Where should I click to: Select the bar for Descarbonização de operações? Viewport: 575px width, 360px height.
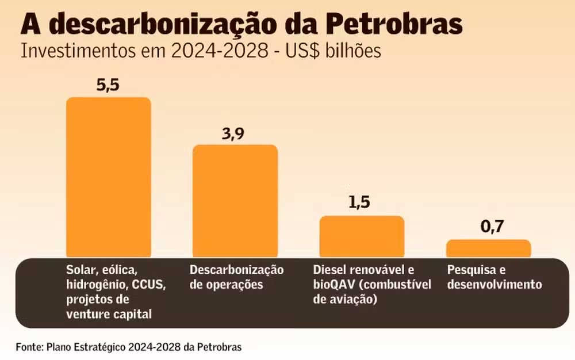[235, 201]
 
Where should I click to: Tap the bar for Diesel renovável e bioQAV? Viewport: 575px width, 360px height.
[362, 236]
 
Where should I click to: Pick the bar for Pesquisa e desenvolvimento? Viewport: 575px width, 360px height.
[488, 248]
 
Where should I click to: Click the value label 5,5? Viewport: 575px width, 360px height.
[109, 85]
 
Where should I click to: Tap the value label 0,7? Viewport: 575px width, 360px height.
[492, 227]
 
